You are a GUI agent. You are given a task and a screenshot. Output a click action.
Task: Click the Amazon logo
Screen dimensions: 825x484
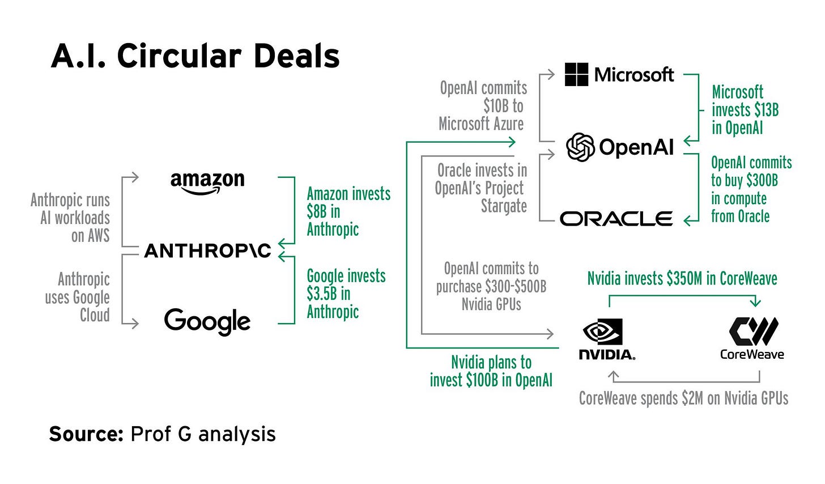207,182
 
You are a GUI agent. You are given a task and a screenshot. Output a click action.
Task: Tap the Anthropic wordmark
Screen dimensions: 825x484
207,251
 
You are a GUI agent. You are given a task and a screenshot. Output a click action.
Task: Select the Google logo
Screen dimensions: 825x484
207,321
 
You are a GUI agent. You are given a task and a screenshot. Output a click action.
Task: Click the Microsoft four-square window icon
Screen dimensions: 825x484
577,74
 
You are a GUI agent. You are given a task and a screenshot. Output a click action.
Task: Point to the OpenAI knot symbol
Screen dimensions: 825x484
580,147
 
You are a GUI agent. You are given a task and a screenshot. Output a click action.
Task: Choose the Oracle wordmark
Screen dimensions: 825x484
616,219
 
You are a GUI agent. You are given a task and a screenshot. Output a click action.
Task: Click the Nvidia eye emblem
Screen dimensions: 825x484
603,332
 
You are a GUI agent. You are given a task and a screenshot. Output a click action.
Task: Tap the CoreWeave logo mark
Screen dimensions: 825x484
753,331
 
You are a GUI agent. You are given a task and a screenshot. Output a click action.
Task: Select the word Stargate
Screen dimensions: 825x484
504,206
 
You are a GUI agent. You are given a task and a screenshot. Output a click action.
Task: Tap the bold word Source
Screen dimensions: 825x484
86,434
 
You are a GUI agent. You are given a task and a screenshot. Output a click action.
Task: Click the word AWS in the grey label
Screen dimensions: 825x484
99,236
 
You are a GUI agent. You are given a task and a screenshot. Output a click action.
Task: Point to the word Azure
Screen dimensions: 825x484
505,124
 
